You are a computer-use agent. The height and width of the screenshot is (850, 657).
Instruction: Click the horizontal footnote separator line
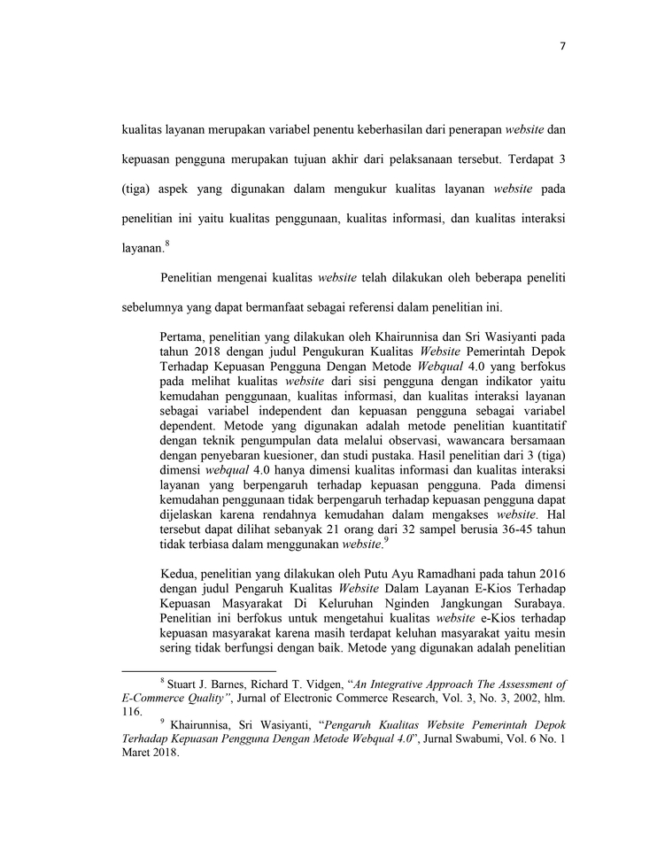coord(198,671)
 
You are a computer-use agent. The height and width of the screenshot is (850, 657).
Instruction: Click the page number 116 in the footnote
coord(130,710)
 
